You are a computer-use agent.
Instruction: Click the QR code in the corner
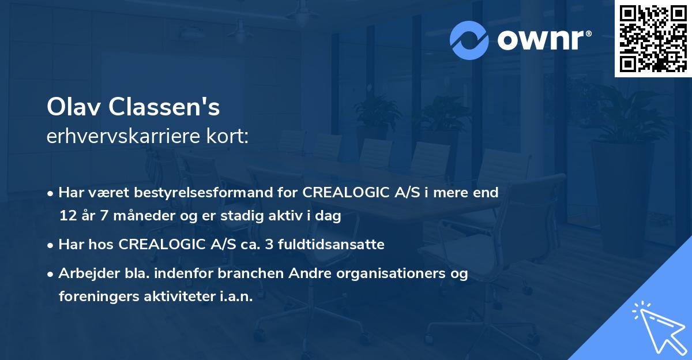click(x=653, y=39)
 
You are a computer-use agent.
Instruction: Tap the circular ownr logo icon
click(x=469, y=40)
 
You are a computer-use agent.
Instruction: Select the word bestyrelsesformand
click(x=194, y=193)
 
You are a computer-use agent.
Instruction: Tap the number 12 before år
click(x=67, y=216)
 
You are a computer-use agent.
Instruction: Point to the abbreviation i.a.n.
click(x=235, y=297)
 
